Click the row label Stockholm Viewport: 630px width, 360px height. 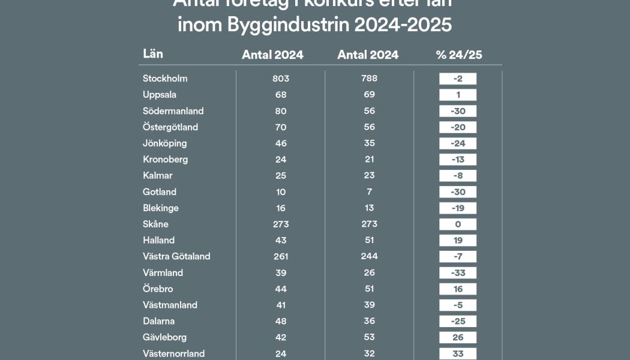165,79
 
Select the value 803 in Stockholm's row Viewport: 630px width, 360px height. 280,79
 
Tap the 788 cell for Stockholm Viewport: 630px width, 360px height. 369,79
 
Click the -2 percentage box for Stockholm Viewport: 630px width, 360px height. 458,79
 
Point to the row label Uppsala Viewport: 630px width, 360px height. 160,95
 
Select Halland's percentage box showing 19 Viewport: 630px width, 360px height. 458,241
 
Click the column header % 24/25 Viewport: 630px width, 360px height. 459,55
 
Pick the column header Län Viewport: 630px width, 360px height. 153,54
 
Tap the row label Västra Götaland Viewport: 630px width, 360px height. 176,257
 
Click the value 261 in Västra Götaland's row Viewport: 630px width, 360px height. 280,257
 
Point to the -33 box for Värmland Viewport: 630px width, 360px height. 458,273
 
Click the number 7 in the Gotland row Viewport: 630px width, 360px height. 369,192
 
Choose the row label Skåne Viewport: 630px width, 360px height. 155,224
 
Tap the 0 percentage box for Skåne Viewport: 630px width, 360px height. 458,224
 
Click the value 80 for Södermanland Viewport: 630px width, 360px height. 280,111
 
